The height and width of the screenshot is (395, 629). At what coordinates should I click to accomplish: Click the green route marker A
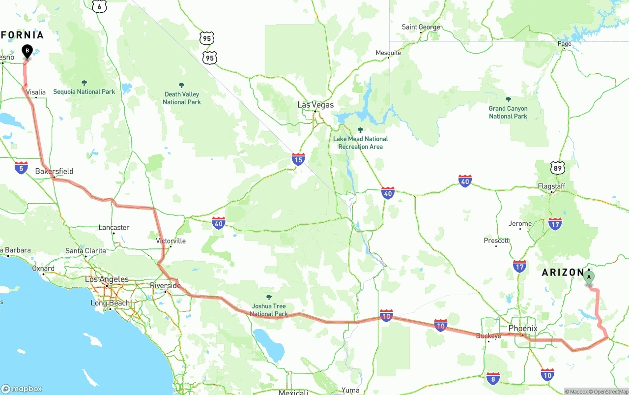click(589, 277)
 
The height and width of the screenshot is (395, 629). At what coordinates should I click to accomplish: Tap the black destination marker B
click(27, 51)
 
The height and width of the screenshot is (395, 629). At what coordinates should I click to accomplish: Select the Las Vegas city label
click(315, 105)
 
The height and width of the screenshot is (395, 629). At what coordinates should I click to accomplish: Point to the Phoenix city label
click(523, 328)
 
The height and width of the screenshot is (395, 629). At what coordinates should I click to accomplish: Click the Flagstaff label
click(551, 186)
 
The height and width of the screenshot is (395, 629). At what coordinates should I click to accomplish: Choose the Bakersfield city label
click(55, 171)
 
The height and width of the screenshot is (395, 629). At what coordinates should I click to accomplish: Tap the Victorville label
click(171, 241)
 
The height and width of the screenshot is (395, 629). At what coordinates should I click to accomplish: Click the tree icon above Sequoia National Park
click(84, 83)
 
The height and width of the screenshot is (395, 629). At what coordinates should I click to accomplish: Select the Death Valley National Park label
click(182, 98)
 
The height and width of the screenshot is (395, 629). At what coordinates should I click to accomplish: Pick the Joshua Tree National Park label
click(269, 310)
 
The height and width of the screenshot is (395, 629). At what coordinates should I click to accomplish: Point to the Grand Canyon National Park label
click(508, 112)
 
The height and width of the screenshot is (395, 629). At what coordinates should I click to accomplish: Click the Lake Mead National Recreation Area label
click(360, 143)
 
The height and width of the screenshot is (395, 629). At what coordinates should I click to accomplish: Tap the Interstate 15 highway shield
click(298, 159)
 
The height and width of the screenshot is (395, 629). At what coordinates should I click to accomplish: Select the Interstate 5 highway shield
click(21, 167)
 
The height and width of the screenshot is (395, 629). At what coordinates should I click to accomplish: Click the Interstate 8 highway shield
click(493, 378)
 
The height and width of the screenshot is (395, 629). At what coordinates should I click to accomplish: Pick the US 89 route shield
click(557, 168)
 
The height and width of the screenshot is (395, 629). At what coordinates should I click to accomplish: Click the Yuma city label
click(350, 390)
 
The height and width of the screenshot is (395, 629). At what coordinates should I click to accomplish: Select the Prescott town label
click(496, 241)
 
